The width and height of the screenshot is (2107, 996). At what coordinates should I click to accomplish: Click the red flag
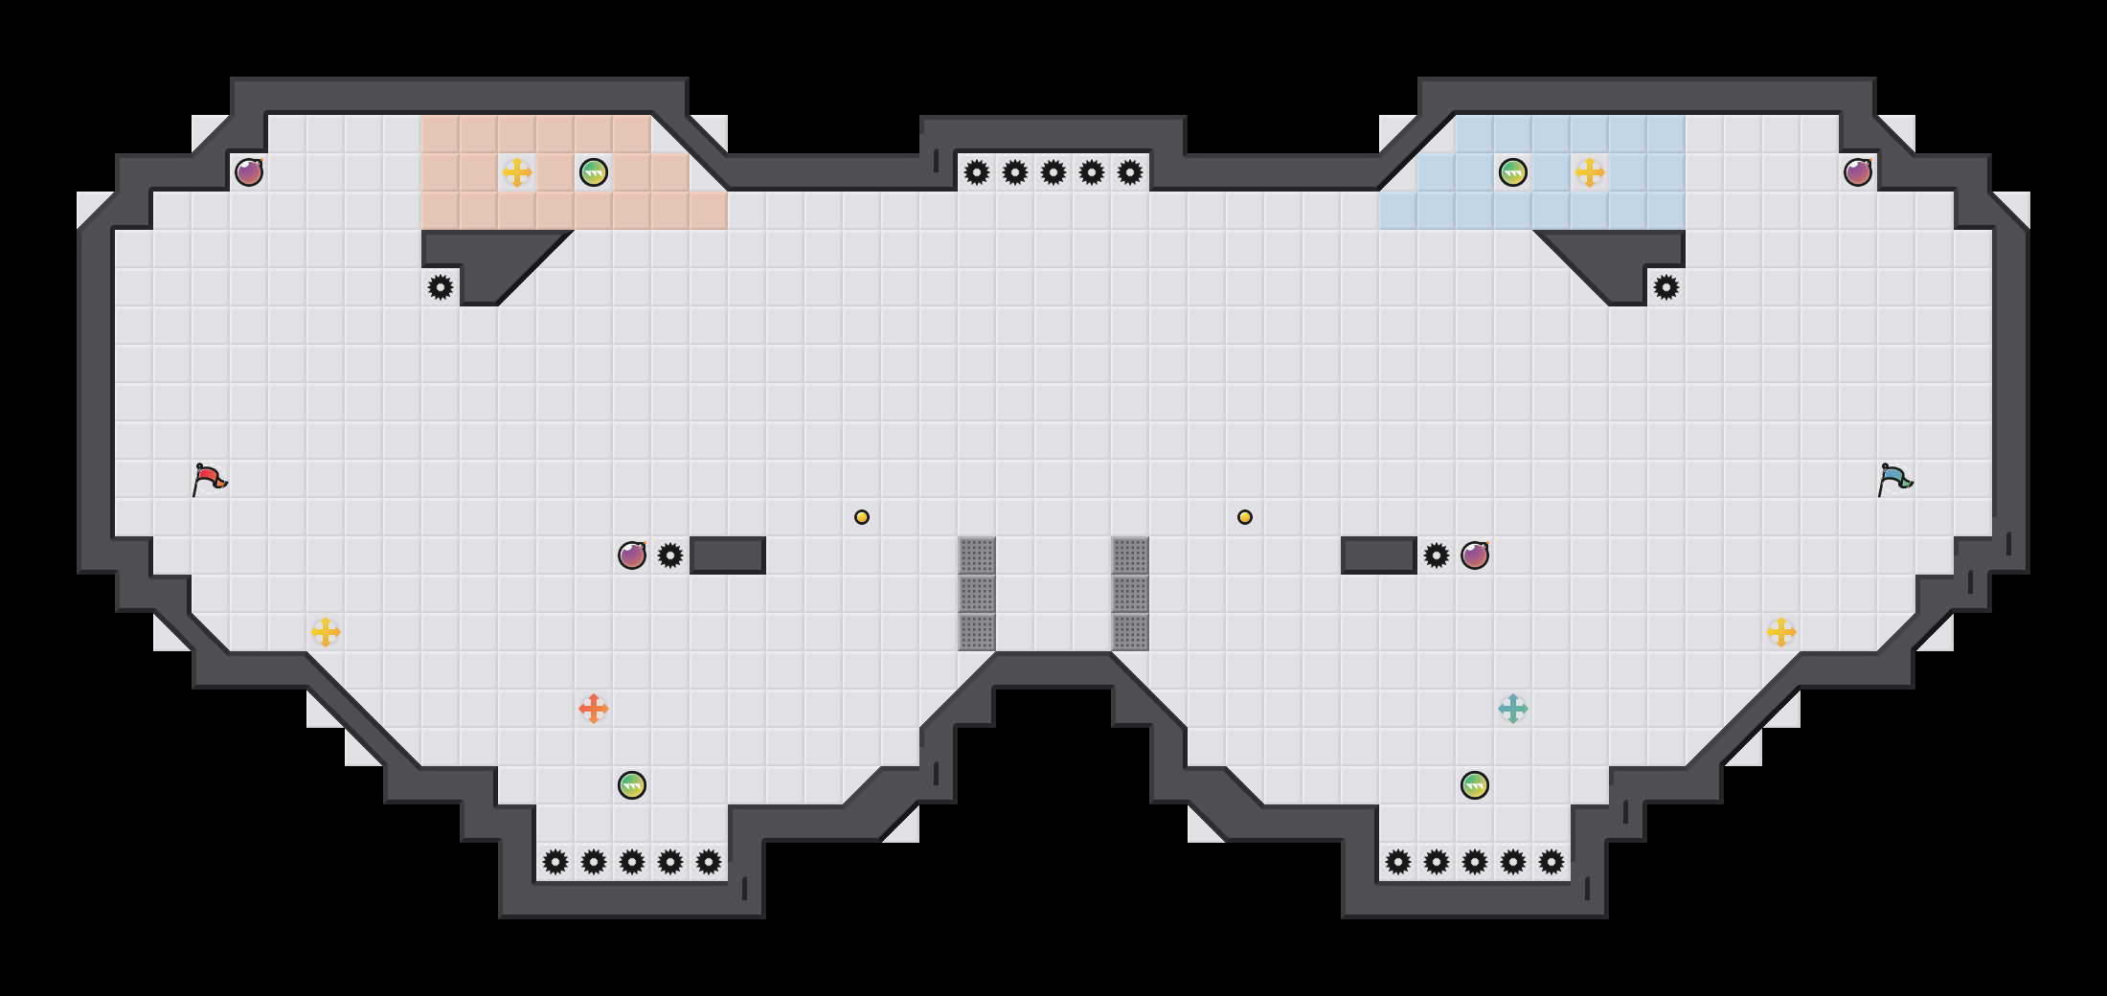coord(209,479)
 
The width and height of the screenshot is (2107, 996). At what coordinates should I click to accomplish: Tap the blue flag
coord(1894,479)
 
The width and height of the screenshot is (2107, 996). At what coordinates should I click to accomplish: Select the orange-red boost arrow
coord(594,709)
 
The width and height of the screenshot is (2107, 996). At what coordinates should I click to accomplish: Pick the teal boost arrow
coord(1513,709)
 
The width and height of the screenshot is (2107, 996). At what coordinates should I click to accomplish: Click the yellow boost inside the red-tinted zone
coord(517,172)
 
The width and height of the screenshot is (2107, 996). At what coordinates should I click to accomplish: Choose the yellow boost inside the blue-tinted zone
coord(1590,172)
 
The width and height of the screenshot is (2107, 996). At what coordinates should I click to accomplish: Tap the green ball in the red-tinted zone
coord(594,172)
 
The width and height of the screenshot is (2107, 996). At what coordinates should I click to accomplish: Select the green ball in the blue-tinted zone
coord(1513,172)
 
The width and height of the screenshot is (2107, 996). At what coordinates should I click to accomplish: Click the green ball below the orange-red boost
coord(632,785)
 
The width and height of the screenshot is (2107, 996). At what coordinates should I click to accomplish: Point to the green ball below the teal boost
coord(1475,785)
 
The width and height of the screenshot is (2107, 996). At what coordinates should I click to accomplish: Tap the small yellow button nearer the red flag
coord(862,517)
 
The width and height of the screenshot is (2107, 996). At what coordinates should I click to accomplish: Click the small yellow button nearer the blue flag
coord(1245,517)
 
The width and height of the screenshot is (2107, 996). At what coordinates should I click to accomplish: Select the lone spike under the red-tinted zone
coord(441,287)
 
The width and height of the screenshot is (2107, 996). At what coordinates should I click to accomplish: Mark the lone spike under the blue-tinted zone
coord(1666,287)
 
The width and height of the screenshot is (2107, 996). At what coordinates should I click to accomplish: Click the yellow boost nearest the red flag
coord(326,632)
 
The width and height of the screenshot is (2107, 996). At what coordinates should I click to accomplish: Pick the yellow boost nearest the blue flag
coord(1781,632)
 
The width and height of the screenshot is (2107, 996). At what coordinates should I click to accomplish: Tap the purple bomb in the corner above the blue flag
coord(1858,172)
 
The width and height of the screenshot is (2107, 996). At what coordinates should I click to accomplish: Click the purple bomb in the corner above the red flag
coord(249,172)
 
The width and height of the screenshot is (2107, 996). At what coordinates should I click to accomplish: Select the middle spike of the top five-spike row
coord(1053,172)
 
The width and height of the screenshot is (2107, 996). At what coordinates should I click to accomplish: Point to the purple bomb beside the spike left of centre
coord(632,555)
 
